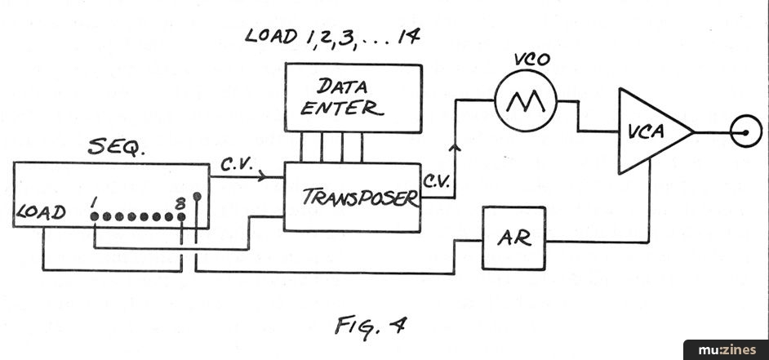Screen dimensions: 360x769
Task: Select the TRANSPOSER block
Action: tap(353, 197)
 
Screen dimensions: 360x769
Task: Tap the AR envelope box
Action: tap(513, 238)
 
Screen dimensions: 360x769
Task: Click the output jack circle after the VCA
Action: tap(746, 131)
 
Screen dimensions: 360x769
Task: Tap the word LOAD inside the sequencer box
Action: tap(41, 212)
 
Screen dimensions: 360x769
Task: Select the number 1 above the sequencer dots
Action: tap(95, 200)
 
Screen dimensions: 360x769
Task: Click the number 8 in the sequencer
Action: tap(181, 201)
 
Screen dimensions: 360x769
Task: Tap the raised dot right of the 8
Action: tap(196, 196)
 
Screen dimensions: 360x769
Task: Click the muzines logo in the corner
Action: tap(726, 349)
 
